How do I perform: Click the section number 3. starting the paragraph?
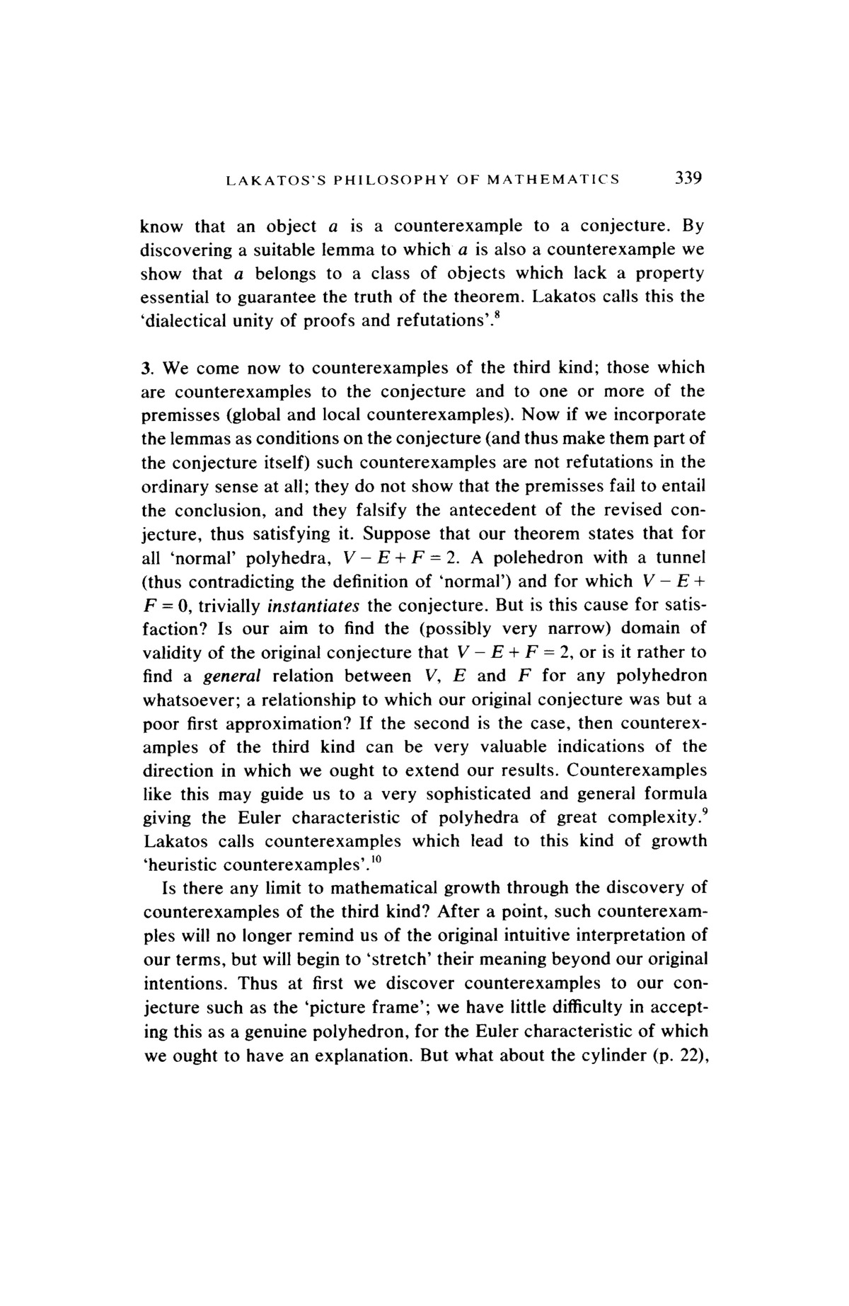(148, 368)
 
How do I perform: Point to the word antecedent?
(514, 510)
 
